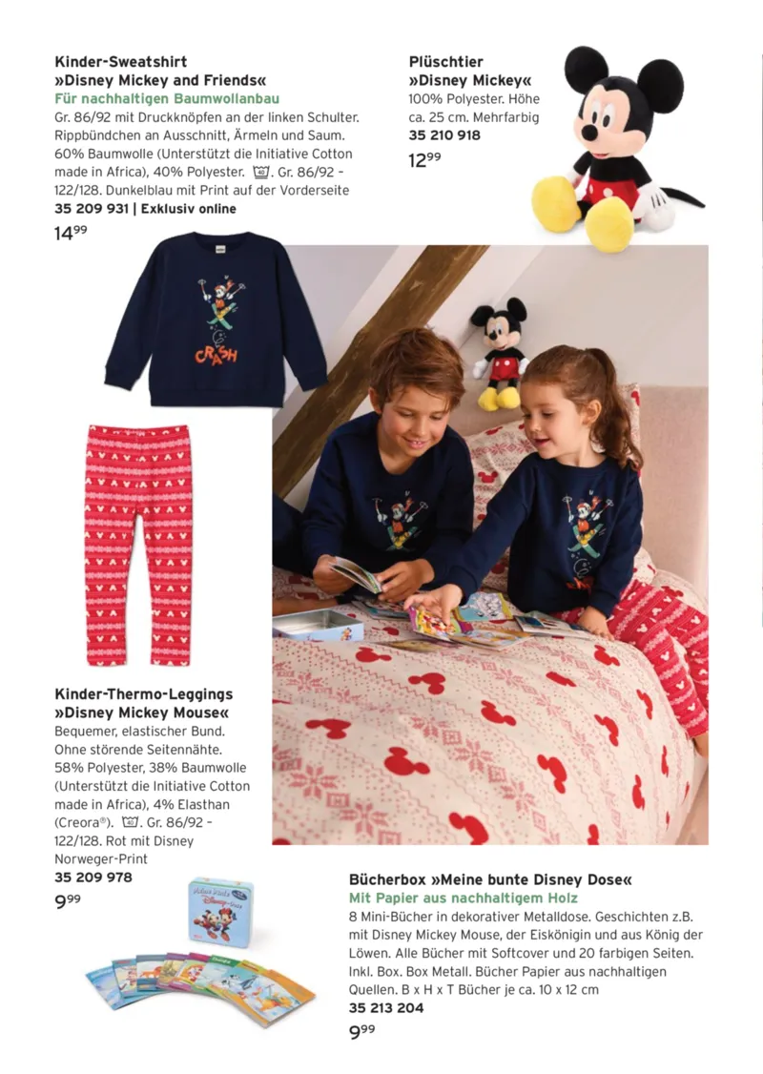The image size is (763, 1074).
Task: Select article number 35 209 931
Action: point(91,208)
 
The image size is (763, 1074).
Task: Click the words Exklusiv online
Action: point(189,208)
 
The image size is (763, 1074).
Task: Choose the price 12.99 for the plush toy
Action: point(424,159)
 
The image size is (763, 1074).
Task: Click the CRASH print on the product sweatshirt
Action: point(216,355)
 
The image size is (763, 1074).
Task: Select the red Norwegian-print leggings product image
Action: point(139,544)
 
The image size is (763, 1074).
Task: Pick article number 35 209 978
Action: point(93,877)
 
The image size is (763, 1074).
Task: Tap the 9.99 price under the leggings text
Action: point(68,898)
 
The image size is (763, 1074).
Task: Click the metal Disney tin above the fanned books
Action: point(220,912)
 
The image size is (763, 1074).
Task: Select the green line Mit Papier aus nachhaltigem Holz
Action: point(464,898)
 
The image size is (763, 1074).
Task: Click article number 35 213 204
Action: point(386,1007)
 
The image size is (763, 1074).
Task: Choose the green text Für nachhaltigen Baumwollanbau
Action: point(167,98)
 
